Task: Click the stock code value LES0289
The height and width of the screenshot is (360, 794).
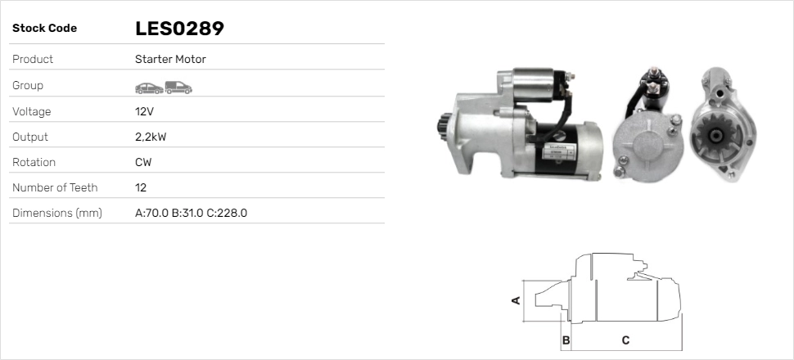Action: click(179, 29)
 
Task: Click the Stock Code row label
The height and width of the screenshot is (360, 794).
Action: click(44, 29)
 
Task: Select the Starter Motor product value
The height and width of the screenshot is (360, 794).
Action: click(170, 59)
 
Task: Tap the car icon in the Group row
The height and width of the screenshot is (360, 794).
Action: click(148, 87)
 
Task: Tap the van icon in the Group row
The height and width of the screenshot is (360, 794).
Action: click(178, 87)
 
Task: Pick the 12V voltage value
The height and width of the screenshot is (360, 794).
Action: click(144, 111)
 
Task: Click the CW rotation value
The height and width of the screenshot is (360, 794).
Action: click(143, 162)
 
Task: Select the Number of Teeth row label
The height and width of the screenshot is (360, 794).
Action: click(55, 187)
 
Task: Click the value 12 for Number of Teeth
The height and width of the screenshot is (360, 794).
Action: click(141, 187)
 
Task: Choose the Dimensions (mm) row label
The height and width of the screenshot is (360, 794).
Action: click(56, 213)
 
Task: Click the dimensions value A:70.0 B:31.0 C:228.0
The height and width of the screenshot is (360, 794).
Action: click(191, 213)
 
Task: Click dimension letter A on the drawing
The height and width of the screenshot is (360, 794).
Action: click(516, 300)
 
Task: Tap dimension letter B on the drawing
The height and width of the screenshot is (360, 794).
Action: click(566, 340)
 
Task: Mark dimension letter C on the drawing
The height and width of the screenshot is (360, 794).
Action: click(625, 340)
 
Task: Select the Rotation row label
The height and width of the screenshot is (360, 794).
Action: click(34, 162)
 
